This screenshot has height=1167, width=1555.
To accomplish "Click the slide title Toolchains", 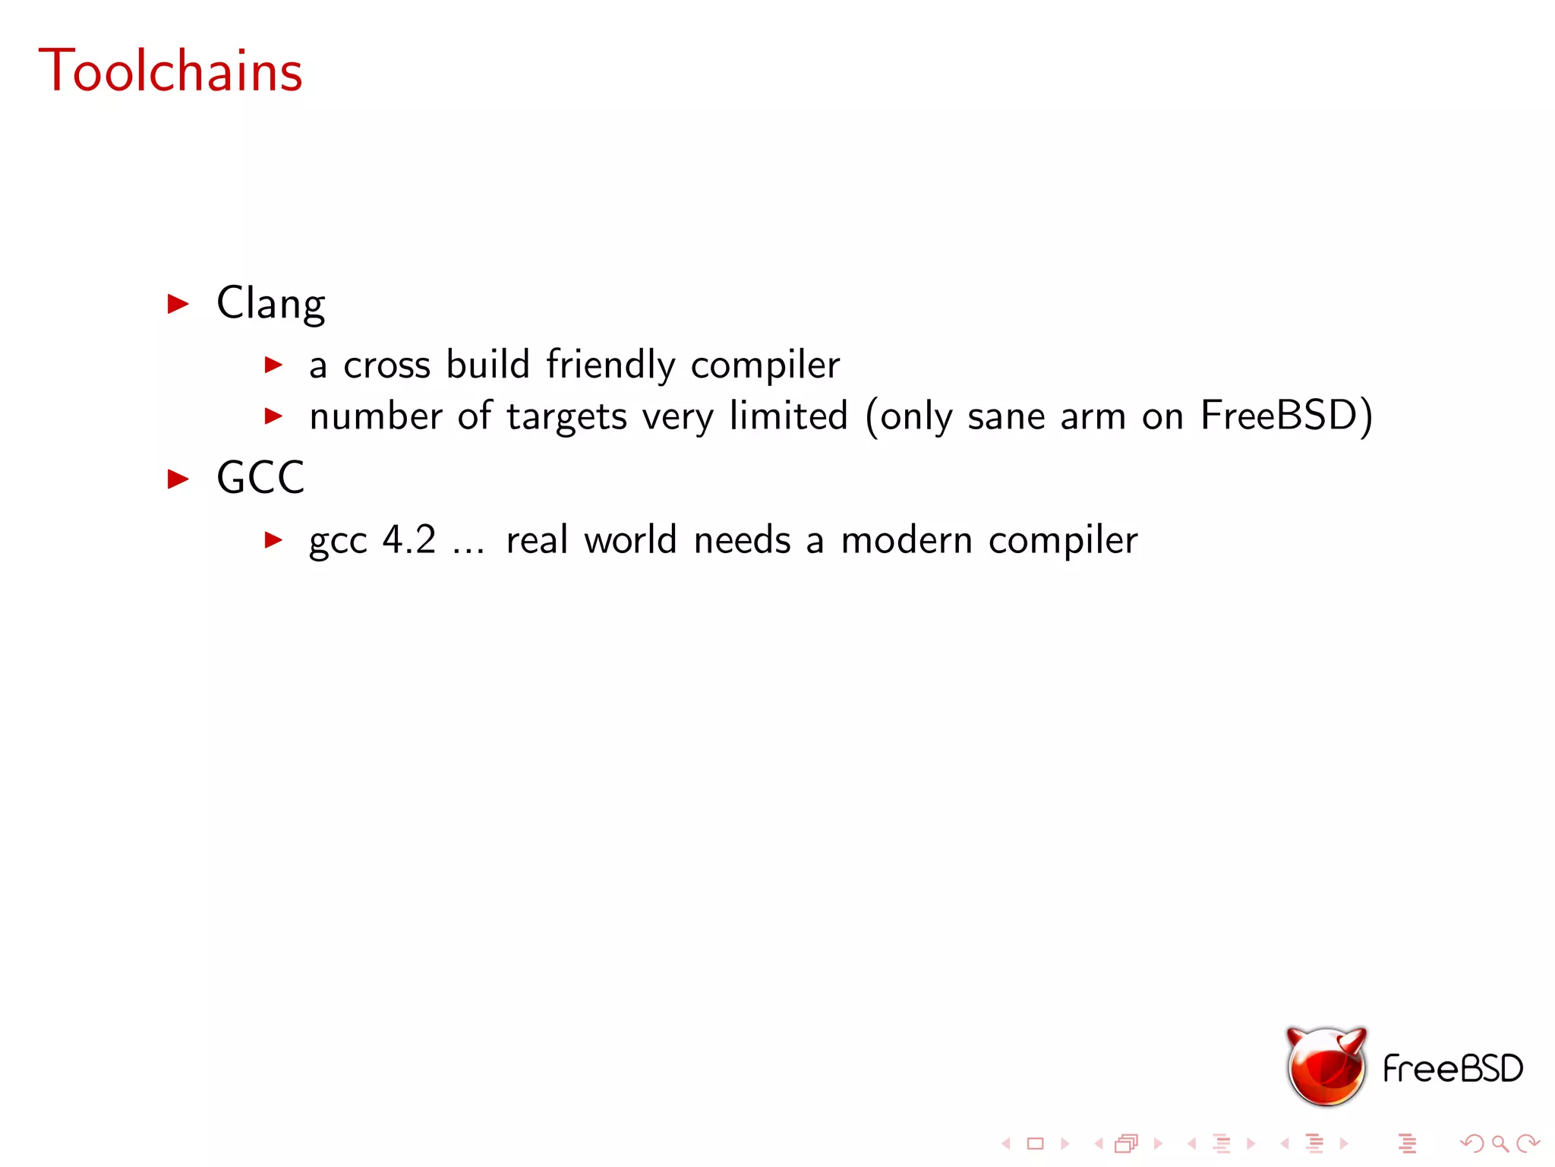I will [x=170, y=70].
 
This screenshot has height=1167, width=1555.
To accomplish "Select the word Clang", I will [x=270, y=303].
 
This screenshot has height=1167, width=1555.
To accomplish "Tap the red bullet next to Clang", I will [x=178, y=304].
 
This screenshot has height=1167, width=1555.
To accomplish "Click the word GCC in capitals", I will [x=260, y=478].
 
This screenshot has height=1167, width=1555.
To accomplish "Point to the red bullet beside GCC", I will [x=178, y=479].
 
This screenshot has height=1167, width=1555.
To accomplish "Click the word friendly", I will [x=610, y=365].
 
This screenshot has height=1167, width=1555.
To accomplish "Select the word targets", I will [x=567, y=417].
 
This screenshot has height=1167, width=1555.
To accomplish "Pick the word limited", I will [x=788, y=416].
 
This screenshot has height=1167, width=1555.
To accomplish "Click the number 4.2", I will [x=409, y=540].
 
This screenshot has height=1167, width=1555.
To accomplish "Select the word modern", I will [x=907, y=541].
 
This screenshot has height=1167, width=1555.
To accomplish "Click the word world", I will [x=630, y=540].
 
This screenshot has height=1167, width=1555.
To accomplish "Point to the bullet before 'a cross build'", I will [x=273, y=365].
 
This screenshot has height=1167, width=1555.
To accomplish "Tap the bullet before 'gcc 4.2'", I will [x=273, y=540].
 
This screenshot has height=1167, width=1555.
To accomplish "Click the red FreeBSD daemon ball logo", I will [x=1326, y=1067].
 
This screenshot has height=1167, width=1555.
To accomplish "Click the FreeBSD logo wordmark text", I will [x=1452, y=1069].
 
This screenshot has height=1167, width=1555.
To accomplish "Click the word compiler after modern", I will [x=1063, y=541].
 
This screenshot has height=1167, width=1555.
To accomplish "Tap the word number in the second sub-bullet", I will [x=376, y=416].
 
